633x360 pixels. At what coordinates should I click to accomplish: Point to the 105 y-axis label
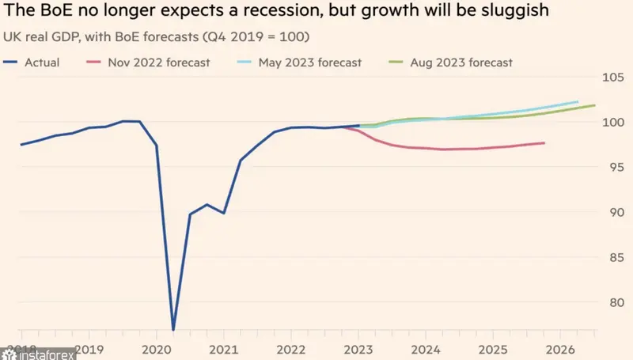point(613,78)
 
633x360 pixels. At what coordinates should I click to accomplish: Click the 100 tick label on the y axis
point(613,123)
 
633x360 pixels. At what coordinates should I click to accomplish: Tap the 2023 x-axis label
point(358,348)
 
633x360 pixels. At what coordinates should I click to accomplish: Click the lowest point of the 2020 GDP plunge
point(173,329)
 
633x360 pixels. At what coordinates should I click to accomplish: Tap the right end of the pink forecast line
point(544,143)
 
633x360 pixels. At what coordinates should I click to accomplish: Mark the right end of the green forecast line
point(594,106)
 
